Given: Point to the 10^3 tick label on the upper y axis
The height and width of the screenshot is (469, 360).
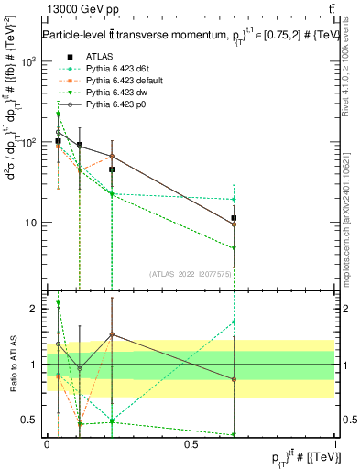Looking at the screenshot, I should tap(30, 61).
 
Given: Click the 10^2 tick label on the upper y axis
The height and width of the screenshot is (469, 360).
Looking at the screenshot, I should tap(30, 142).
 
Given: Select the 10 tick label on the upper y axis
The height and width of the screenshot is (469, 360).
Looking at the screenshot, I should tap(32, 223).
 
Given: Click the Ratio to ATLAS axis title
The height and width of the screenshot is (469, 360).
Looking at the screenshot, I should tap(12, 364).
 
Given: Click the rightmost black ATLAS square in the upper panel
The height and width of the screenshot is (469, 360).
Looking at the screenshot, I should tap(235, 218).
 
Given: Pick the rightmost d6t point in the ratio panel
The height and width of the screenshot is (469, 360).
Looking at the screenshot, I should tap(235, 322).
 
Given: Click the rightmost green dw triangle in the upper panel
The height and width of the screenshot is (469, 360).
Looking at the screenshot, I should tap(235, 248).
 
